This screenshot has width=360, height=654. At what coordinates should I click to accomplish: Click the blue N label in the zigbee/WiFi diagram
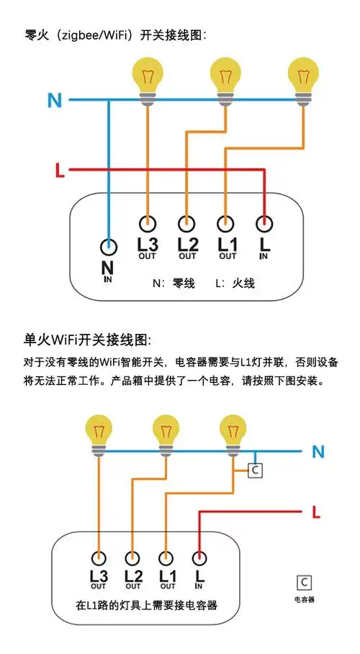(55, 100)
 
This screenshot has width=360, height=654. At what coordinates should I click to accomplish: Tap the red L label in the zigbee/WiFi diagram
(60, 171)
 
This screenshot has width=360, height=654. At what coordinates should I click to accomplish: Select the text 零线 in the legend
(184, 283)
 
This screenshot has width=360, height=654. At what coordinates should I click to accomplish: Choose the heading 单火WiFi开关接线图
(88, 339)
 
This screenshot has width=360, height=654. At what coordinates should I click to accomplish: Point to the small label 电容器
(305, 599)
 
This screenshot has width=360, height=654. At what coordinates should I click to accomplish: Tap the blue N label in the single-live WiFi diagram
(319, 453)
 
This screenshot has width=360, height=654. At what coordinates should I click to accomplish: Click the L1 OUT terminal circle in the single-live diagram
(166, 557)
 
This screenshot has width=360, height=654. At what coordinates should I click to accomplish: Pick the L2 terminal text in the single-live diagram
(133, 576)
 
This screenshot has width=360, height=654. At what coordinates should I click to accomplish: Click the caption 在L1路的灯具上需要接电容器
(147, 607)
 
